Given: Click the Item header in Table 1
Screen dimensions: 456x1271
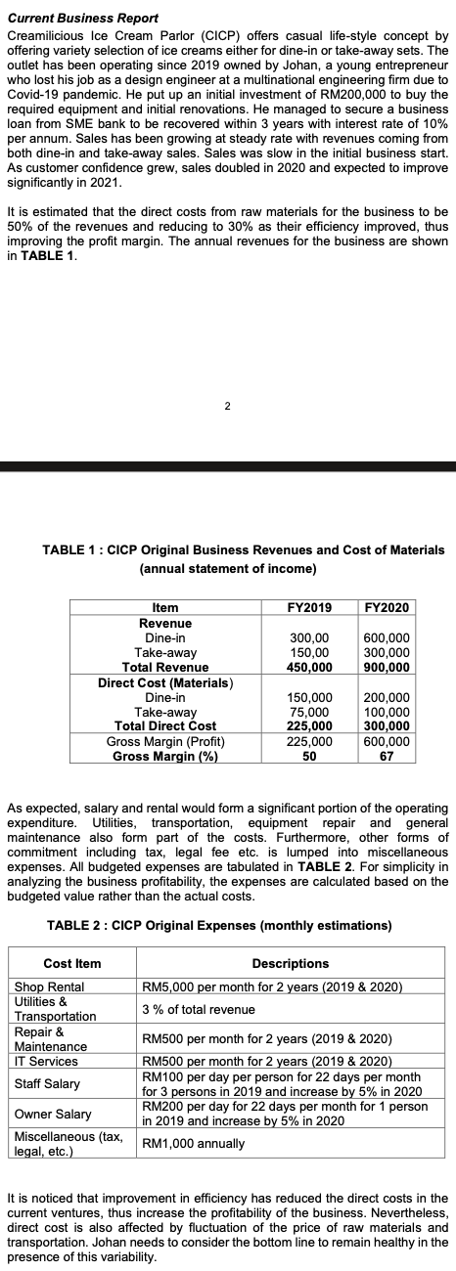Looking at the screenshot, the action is (x=165, y=607).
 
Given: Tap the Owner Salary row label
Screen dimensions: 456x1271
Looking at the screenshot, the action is (x=53, y=1114).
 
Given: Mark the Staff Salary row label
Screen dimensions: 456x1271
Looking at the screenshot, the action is (x=49, y=1083).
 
